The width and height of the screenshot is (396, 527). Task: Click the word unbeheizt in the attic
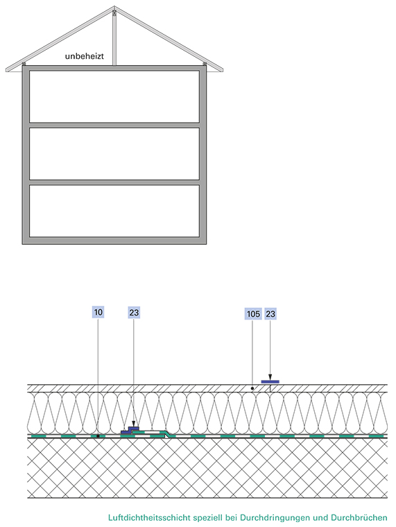point(85,55)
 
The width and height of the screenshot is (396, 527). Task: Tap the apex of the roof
point(114,6)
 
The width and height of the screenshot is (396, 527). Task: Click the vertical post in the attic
point(114,37)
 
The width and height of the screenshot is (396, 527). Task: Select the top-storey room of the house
point(114,96)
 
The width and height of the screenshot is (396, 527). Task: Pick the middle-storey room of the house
point(114,154)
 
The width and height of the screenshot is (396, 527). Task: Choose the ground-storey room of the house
point(114,211)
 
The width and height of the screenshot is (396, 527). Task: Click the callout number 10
point(98,312)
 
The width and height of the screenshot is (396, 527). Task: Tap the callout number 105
point(253,314)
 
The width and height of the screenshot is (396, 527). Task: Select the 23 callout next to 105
point(270,314)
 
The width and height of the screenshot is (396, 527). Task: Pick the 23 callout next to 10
point(134,313)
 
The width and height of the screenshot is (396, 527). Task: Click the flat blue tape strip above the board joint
point(270,382)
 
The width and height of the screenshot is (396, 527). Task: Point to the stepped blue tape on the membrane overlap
point(130,430)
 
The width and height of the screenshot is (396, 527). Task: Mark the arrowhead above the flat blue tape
point(270,377)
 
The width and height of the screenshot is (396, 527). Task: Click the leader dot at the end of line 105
point(252,388)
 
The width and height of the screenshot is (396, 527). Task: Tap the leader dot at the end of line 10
point(98,436)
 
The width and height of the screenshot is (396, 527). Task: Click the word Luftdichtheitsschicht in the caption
point(149,517)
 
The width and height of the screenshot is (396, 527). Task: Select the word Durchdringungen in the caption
point(275,517)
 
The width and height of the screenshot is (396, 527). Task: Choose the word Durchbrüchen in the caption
point(359,517)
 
